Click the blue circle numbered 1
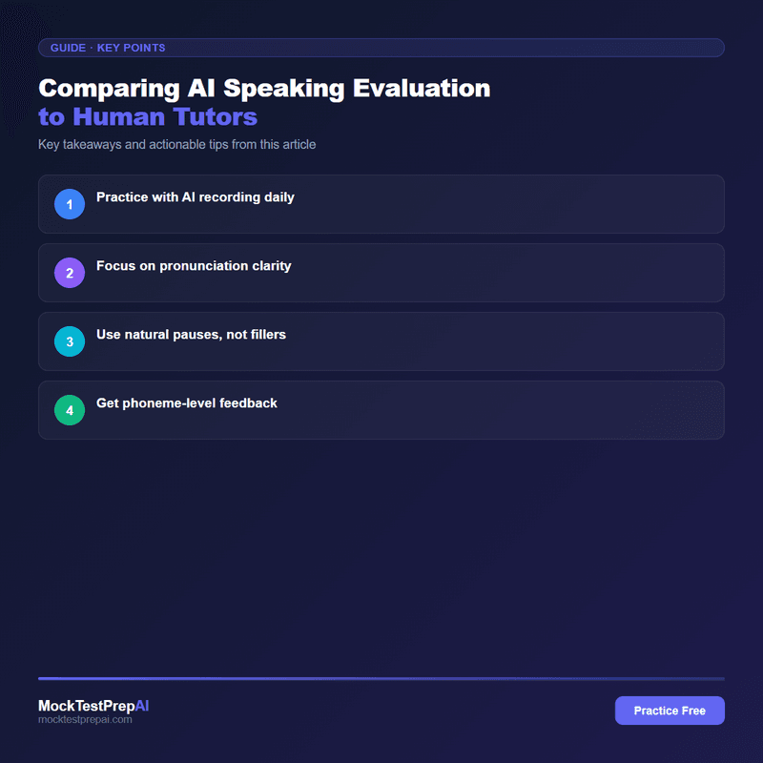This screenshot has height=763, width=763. point(70,204)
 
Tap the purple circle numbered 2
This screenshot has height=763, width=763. point(70,273)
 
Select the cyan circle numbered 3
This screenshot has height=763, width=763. point(70,341)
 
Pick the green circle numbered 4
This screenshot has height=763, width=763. point(70,410)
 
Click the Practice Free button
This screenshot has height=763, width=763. point(670,711)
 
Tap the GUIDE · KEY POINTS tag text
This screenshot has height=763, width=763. point(108,48)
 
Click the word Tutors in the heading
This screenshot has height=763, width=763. point(216,117)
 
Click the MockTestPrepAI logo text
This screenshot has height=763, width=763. point(93,706)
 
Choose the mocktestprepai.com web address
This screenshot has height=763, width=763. point(85,720)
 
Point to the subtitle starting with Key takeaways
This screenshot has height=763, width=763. point(176,145)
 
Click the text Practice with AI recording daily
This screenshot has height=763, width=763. point(195,197)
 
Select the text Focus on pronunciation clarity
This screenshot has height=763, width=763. point(194,266)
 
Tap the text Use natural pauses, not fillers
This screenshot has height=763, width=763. point(191,335)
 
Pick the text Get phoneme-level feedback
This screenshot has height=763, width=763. point(187,403)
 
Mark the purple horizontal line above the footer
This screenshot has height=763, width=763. point(381,678)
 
